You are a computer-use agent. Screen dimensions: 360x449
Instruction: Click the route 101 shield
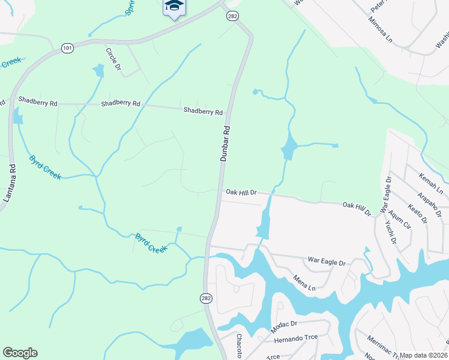[x=67, y=47]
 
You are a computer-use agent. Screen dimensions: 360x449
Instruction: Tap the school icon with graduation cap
[x=174, y=7]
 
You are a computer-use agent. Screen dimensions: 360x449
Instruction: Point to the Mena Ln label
[x=304, y=283]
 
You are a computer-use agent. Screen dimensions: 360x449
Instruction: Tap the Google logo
[x=20, y=353]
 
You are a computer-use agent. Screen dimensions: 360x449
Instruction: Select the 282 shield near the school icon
[x=232, y=17]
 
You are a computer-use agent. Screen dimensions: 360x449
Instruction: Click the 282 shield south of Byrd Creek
[x=206, y=298]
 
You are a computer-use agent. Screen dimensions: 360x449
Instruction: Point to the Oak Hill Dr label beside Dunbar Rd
[x=241, y=193]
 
